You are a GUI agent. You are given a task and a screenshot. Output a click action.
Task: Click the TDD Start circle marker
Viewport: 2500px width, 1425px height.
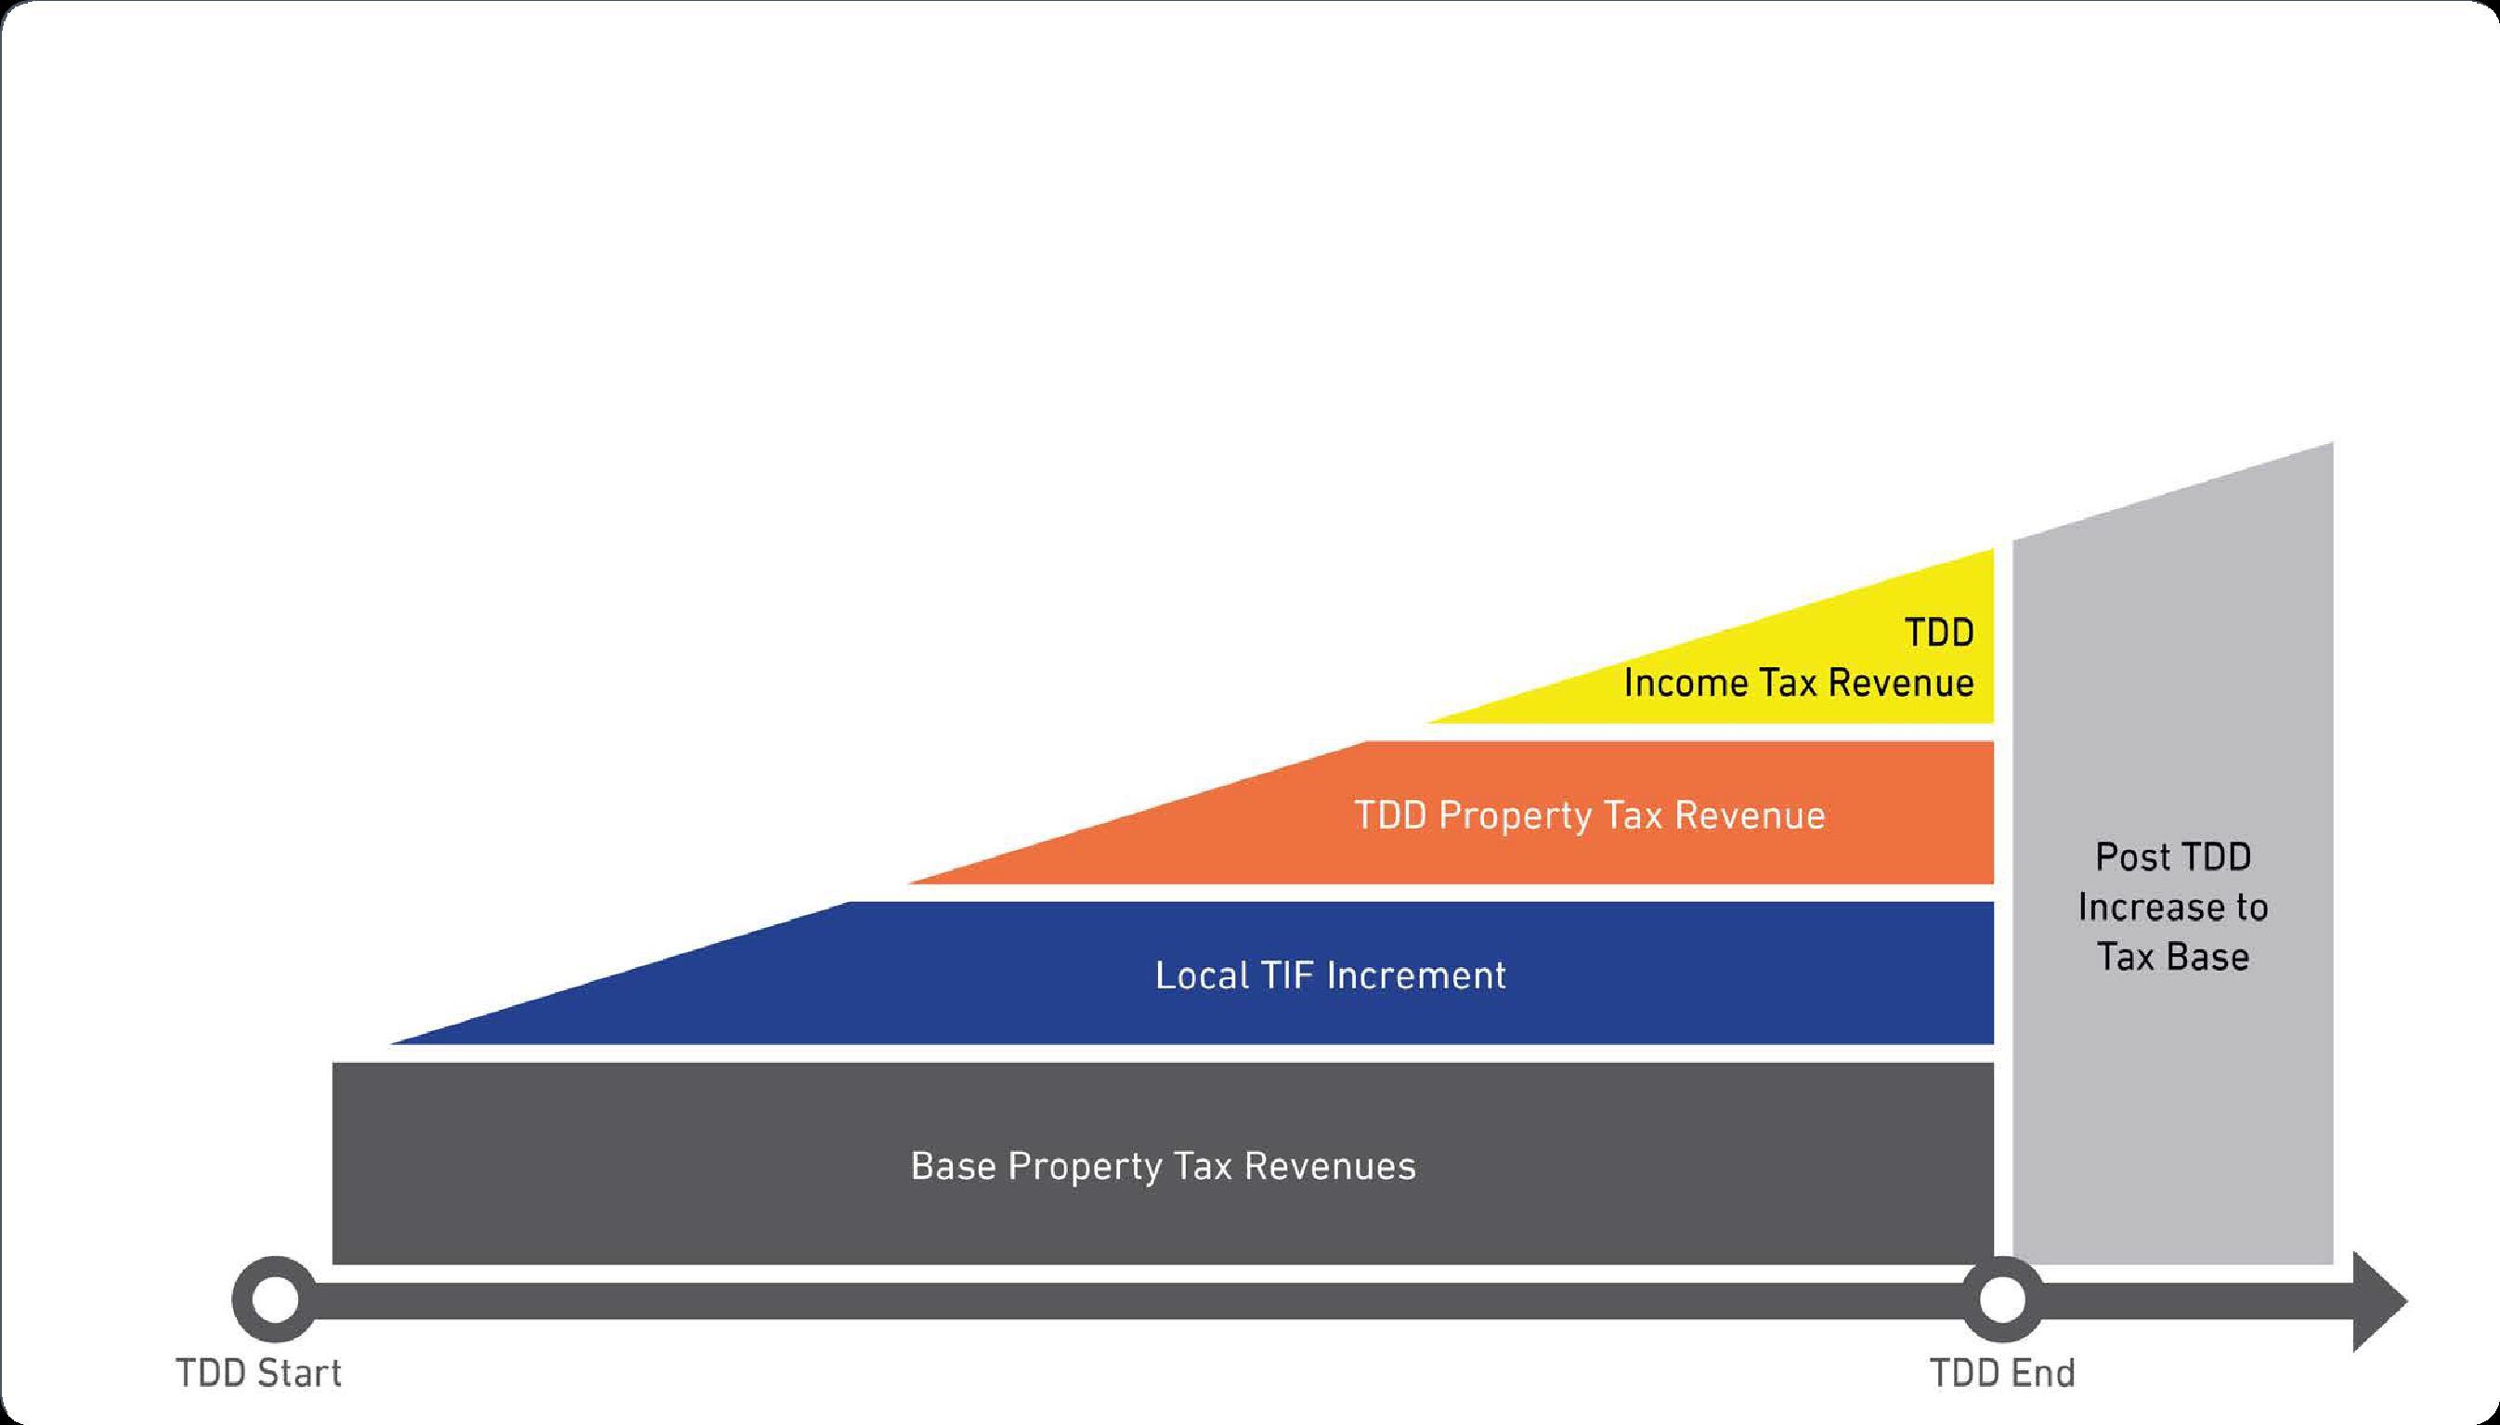click(x=274, y=1300)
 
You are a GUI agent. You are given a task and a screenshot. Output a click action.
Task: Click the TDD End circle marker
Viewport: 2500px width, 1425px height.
click(x=2001, y=1300)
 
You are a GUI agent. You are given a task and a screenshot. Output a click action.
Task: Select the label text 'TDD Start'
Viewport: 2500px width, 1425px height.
click(x=259, y=1373)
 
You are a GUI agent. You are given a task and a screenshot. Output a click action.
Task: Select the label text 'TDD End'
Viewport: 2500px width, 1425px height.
click(x=2002, y=1373)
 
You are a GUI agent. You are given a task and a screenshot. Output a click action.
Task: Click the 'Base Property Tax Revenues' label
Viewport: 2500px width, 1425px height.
click(x=1163, y=1166)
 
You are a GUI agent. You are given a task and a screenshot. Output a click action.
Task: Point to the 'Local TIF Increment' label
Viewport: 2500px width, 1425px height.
click(x=1330, y=974)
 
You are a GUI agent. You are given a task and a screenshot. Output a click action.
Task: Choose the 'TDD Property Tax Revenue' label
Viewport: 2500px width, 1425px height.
click(x=1589, y=816)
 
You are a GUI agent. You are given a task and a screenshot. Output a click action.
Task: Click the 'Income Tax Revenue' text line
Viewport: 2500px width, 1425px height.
click(x=1799, y=683)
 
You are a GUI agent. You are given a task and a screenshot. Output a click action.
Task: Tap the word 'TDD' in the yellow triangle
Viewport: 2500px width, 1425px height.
click(x=1938, y=633)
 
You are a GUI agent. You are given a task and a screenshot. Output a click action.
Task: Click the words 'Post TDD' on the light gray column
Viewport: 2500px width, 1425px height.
click(x=2172, y=857)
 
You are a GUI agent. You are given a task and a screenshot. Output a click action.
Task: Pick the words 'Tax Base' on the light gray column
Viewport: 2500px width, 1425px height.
click(x=2172, y=956)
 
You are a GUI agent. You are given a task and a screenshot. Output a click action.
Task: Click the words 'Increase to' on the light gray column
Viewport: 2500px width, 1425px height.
click(x=2172, y=908)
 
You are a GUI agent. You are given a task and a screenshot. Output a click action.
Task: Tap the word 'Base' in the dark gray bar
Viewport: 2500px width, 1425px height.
click(x=953, y=1166)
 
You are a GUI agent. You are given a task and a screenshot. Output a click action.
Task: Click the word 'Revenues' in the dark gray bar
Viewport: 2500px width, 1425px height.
click(x=1330, y=1166)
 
